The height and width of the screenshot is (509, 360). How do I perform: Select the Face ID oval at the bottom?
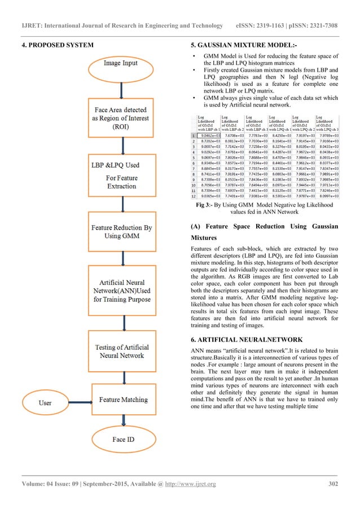[122, 438]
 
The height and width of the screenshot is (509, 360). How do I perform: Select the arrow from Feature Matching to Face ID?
[122, 420]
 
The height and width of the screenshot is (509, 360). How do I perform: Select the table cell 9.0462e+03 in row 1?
[209, 135]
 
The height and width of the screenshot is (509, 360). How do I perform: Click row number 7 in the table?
[194, 168]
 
